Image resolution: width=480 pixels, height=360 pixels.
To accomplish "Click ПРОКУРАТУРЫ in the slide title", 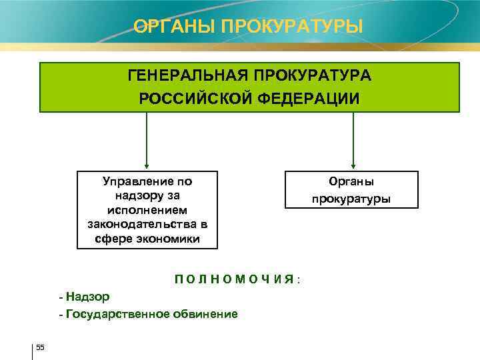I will (x=291, y=27).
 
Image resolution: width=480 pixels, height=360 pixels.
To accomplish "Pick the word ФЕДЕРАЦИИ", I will (x=307, y=98).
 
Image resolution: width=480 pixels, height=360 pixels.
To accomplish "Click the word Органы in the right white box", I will (x=351, y=181).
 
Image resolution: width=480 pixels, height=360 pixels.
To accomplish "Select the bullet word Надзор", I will (x=88, y=297).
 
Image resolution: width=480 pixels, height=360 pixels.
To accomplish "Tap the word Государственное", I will (x=114, y=313).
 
